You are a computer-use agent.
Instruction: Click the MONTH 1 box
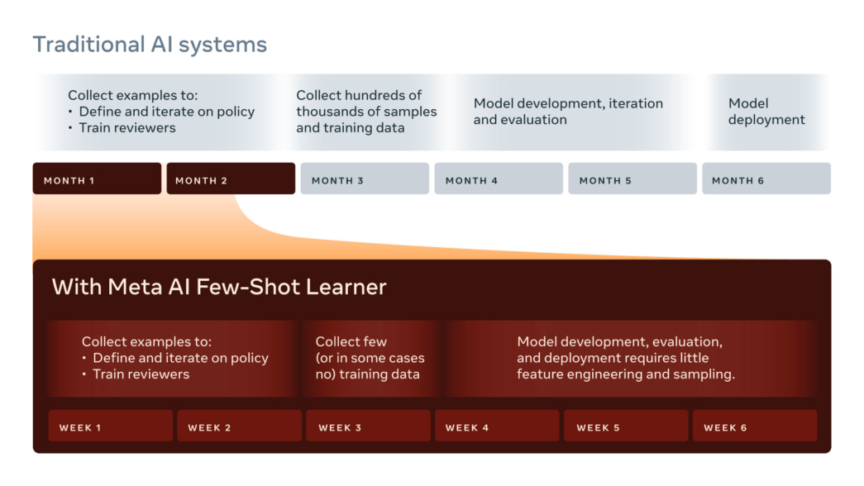(x=97, y=179)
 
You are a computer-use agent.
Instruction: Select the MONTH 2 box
(x=231, y=179)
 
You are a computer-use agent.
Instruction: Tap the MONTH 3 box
(x=365, y=179)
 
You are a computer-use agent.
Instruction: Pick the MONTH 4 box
(x=499, y=179)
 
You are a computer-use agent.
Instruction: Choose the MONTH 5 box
(x=632, y=179)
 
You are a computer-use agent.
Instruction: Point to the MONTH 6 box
(x=766, y=179)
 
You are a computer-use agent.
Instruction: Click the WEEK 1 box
(x=111, y=426)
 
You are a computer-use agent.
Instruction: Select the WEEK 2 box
(x=239, y=426)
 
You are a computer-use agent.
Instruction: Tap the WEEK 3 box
(x=369, y=426)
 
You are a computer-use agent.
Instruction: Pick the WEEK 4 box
(x=498, y=426)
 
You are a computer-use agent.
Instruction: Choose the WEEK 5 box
(x=626, y=426)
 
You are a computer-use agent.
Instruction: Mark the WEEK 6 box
(x=755, y=426)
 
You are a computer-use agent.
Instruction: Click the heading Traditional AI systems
(x=150, y=45)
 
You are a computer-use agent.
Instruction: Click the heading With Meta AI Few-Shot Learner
(x=219, y=287)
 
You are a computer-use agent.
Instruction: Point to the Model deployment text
(x=766, y=112)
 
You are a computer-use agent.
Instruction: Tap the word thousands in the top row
(x=327, y=112)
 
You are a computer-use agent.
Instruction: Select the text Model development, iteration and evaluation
(x=568, y=112)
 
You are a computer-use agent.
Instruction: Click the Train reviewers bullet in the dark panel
(x=141, y=374)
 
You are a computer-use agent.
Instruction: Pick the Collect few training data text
(x=370, y=358)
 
